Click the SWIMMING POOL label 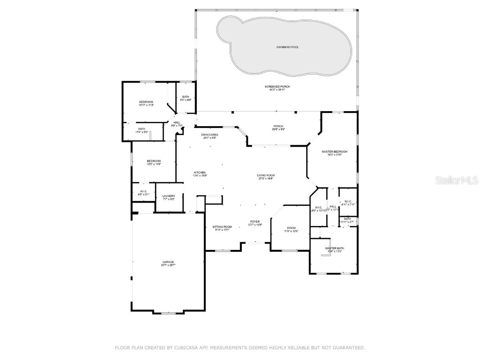point(287,47)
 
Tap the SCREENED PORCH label point(277,86)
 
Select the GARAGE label point(168,262)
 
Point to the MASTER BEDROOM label point(334,151)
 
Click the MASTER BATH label point(335,248)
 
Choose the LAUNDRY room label point(169,196)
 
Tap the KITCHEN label point(200,172)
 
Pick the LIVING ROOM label point(266,175)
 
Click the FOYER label point(255,222)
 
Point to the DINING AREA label point(210,135)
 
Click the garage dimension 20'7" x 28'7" point(168,265)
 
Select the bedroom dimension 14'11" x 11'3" point(146,105)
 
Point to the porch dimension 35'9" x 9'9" point(278,130)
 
